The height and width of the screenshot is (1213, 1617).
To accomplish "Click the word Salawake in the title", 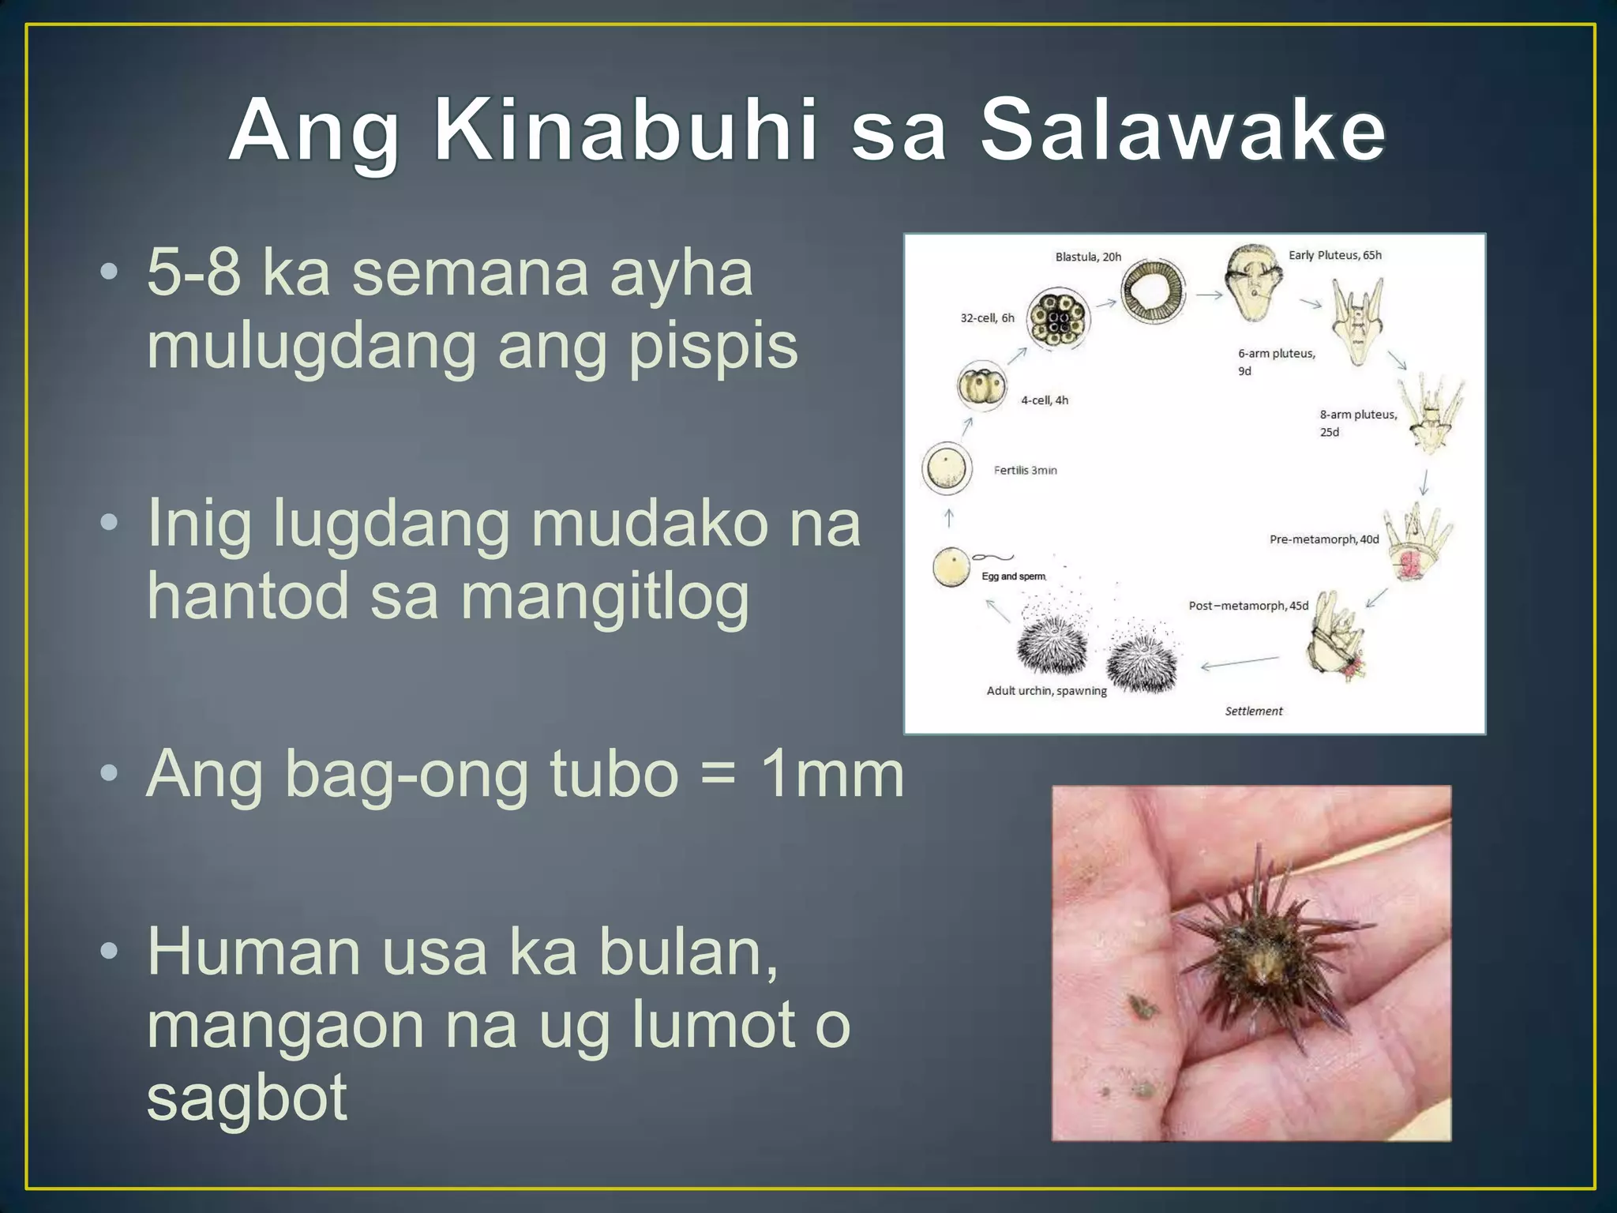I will click(x=1182, y=130).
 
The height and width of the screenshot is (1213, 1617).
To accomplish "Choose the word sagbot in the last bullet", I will click(x=246, y=1097).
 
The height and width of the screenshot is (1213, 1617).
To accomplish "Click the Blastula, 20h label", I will click(x=1088, y=257).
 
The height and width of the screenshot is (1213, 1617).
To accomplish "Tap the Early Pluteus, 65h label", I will click(x=1335, y=255).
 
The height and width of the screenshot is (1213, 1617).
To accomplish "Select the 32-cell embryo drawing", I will click(x=1057, y=318).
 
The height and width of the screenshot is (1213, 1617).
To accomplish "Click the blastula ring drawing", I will click(x=1153, y=292).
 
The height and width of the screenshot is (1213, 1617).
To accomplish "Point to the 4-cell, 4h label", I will click(x=1044, y=400).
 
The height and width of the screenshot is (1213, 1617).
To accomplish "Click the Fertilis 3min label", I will click(x=1025, y=470).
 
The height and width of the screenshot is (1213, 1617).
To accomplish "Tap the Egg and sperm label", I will click(x=1013, y=576).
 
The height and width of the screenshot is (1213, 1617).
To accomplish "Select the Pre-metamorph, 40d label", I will click(x=1324, y=539).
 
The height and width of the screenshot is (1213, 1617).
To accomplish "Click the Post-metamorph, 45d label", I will click(x=1248, y=606).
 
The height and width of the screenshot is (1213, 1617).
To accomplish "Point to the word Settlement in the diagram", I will click(x=1254, y=711).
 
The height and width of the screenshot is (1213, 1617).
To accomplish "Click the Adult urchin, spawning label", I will click(x=1046, y=691).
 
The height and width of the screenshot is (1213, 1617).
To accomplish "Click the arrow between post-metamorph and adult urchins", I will click(x=1240, y=663).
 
